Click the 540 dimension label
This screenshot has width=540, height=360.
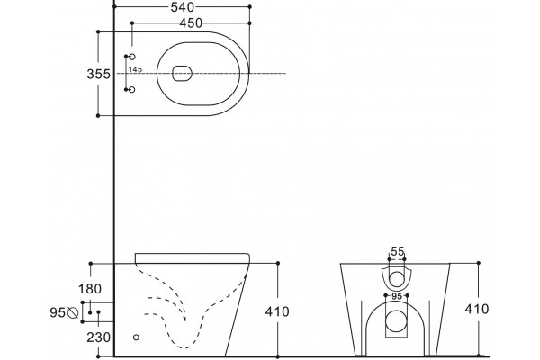pyautogui.click(x=183, y=7)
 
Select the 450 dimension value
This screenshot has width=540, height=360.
pyautogui.click(x=191, y=23)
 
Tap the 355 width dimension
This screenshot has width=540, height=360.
pyautogui.click(x=98, y=74)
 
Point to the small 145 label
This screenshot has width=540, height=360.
pyautogui.click(x=135, y=69)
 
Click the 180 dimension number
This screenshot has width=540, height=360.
pyautogui.click(x=90, y=289)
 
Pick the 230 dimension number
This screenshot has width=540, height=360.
pyautogui.click(x=98, y=337)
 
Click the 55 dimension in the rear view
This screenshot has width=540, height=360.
pyautogui.click(x=397, y=252)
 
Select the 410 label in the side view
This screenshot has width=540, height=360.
pyautogui.click(x=277, y=311)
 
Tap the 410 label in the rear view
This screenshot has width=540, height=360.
pyautogui.click(x=477, y=309)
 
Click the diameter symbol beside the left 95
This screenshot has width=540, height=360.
pyautogui.click(x=73, y=312)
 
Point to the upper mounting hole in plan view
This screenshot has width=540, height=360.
pyautogui.click(x=132, y=57)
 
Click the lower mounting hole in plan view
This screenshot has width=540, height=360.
pyautogui.click(x=132, y=90)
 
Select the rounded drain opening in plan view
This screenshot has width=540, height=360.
pyautogui.click(x=182, y=74)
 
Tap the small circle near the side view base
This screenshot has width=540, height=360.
pyautogui.click(x=137, y=337)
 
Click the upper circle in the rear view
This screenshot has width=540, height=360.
pyautogui.click(x=397, y=279)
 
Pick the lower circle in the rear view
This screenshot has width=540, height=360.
pyautogui.click(x=396, y=321)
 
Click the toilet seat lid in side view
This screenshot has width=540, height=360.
pyautogui.click(x=193, y=258)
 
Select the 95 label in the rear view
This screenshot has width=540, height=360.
pyautogui.click(x=397, y=296)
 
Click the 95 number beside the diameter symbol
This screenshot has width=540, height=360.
pyautogui.click(x=58, y=312)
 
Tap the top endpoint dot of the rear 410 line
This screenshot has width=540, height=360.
pyautogui.click(x=479, y=263)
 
